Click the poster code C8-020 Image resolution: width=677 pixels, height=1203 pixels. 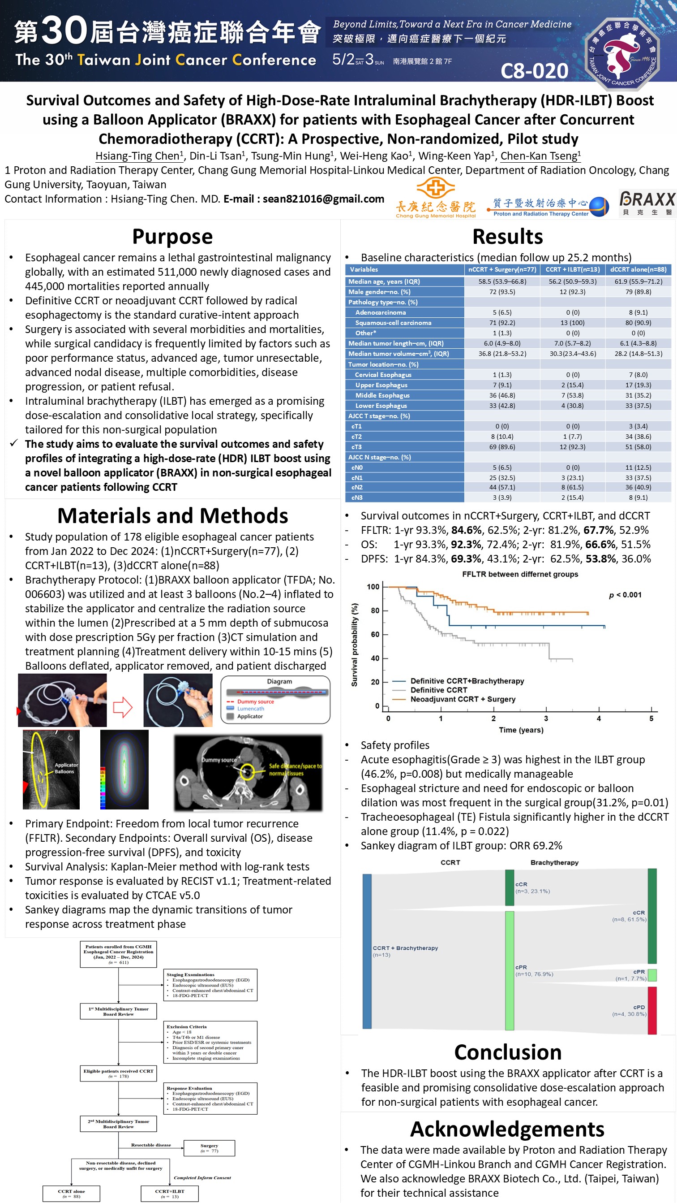[x=534, y=71]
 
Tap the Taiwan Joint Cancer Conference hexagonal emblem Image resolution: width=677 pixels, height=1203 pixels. [x=622, y=54]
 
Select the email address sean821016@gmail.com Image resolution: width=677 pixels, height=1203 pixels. [x=323, y=199]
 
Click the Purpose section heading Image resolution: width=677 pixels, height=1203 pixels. [x=172, y=236]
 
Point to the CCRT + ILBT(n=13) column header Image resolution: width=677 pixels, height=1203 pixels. [x=573, y=269]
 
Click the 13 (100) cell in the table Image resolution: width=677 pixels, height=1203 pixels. [x=573, y=323]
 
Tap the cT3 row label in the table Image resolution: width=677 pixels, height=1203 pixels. [x=356, y=447]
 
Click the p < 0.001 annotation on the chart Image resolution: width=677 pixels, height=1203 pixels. [x=625, y=594]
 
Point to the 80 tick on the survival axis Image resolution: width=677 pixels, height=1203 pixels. [x=375, y=610]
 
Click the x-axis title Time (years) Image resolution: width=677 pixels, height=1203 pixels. [x=521, y=730]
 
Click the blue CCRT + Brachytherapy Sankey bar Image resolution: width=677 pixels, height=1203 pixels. [x=367, y=952]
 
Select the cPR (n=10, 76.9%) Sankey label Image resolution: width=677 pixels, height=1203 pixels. [x=534, y=970]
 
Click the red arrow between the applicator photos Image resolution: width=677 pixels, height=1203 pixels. [x=123, y=706]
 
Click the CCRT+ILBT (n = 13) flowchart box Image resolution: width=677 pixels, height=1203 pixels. [x=169, y=1193]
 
